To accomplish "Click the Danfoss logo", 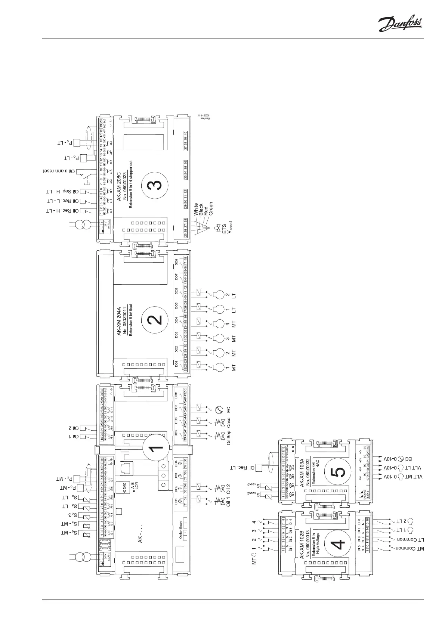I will pyautogui.click(x=400, y=24).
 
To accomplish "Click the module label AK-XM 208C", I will pyautogui.click(x=119, y=182).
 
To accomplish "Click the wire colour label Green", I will pyautogui.click(x=211, y=208).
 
